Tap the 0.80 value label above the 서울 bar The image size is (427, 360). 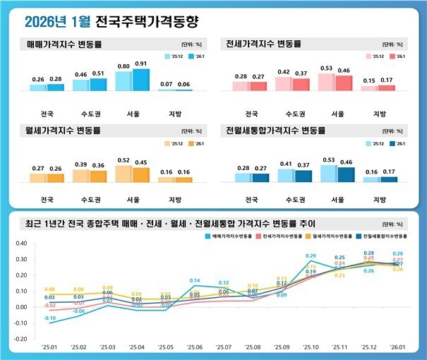123,66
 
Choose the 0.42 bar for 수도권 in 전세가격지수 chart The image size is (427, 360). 284,84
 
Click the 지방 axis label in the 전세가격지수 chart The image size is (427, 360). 379,113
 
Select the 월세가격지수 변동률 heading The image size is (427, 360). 64,131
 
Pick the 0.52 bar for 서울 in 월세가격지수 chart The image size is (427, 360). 123,174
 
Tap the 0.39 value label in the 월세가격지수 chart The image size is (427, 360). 81,164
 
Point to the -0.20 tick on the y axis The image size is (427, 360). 20,340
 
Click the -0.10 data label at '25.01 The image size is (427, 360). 49,318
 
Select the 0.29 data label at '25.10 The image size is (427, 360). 311,256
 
